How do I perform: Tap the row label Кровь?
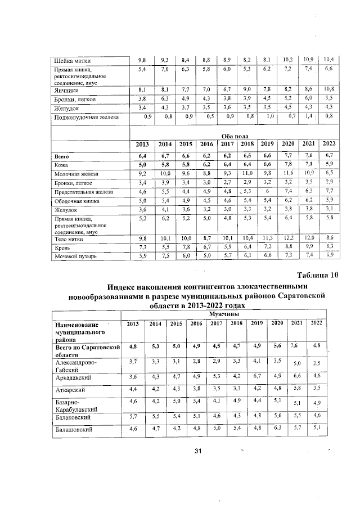[61, 247]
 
